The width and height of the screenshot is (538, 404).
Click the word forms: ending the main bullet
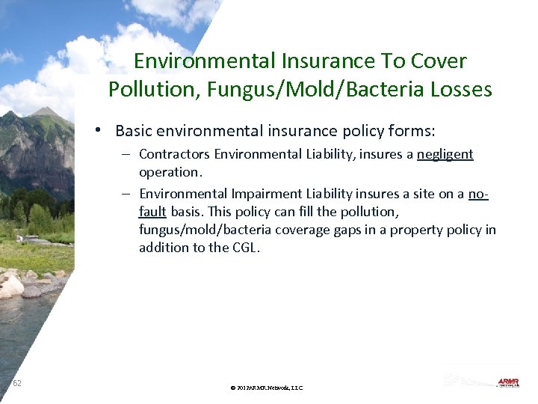click(408, 131)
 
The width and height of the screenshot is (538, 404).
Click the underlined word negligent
click(445, 155)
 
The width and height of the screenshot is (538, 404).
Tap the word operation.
click(170, 171)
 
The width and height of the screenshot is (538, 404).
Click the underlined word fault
click(152, 212)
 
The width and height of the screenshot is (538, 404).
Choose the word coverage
click(303, 229)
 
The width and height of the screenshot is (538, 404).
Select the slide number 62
click(17, 384)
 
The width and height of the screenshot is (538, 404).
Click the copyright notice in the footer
click(267, 388)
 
